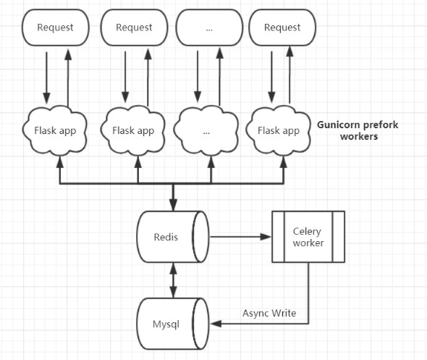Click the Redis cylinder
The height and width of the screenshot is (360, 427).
pyautogui.click(x=172, y=237)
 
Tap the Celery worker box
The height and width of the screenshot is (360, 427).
pyautogui.click(x=308, y=237)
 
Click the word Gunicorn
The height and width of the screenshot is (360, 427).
pyautogui.click(x=339, y=125)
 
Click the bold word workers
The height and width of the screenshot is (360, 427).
pyautogui.click(x=359, y=136)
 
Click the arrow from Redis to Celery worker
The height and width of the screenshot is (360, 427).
pyautogui.click(x=239, y=237)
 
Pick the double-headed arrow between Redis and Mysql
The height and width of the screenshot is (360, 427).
pyautogui.click(x=172, y=279)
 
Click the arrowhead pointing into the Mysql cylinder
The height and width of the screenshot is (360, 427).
pyautogui.click(x=214, y=325)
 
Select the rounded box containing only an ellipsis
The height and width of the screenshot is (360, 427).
pyautogui.click(x=209, y=28)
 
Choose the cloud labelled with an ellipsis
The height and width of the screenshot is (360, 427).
pyautogui.click(x=208, y=131)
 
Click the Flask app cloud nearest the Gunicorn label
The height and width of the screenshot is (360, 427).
pyautogui.click(x=279, y=130)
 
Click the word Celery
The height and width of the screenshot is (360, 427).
pyautogui.click(x=307, y=231)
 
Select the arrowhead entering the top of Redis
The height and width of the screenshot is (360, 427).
pyautogui.click(x=172, y=206)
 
